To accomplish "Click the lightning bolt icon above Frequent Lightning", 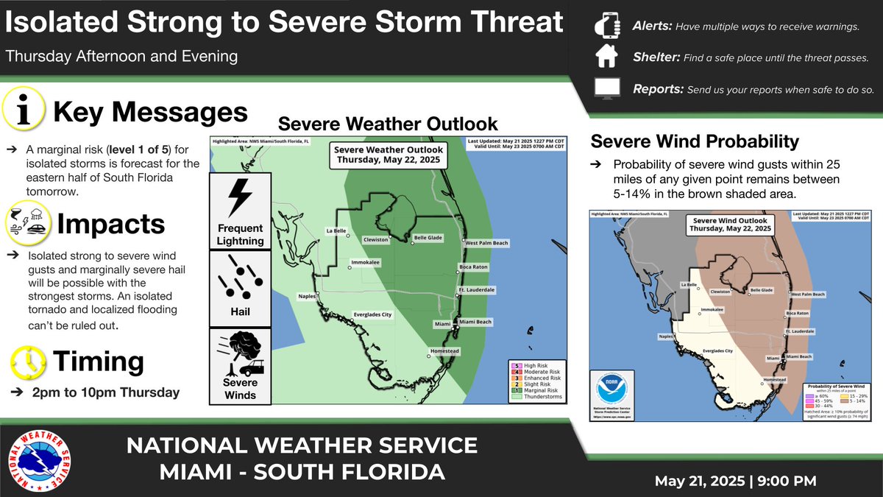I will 240,197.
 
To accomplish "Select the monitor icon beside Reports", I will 606,88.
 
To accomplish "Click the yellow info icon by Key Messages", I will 24,113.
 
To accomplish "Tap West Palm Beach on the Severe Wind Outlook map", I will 807,294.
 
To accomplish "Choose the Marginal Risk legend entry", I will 533,390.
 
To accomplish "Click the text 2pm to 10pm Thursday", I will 107,392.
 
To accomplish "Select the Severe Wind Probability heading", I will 695,141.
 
